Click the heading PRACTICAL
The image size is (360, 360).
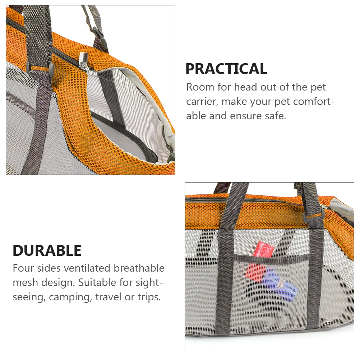click(x=226, y=69)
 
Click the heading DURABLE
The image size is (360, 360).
click(x=47, y=250)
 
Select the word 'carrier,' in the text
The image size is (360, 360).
click(x=202, y=102)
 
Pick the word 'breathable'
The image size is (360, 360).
click(x=139, y=268)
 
